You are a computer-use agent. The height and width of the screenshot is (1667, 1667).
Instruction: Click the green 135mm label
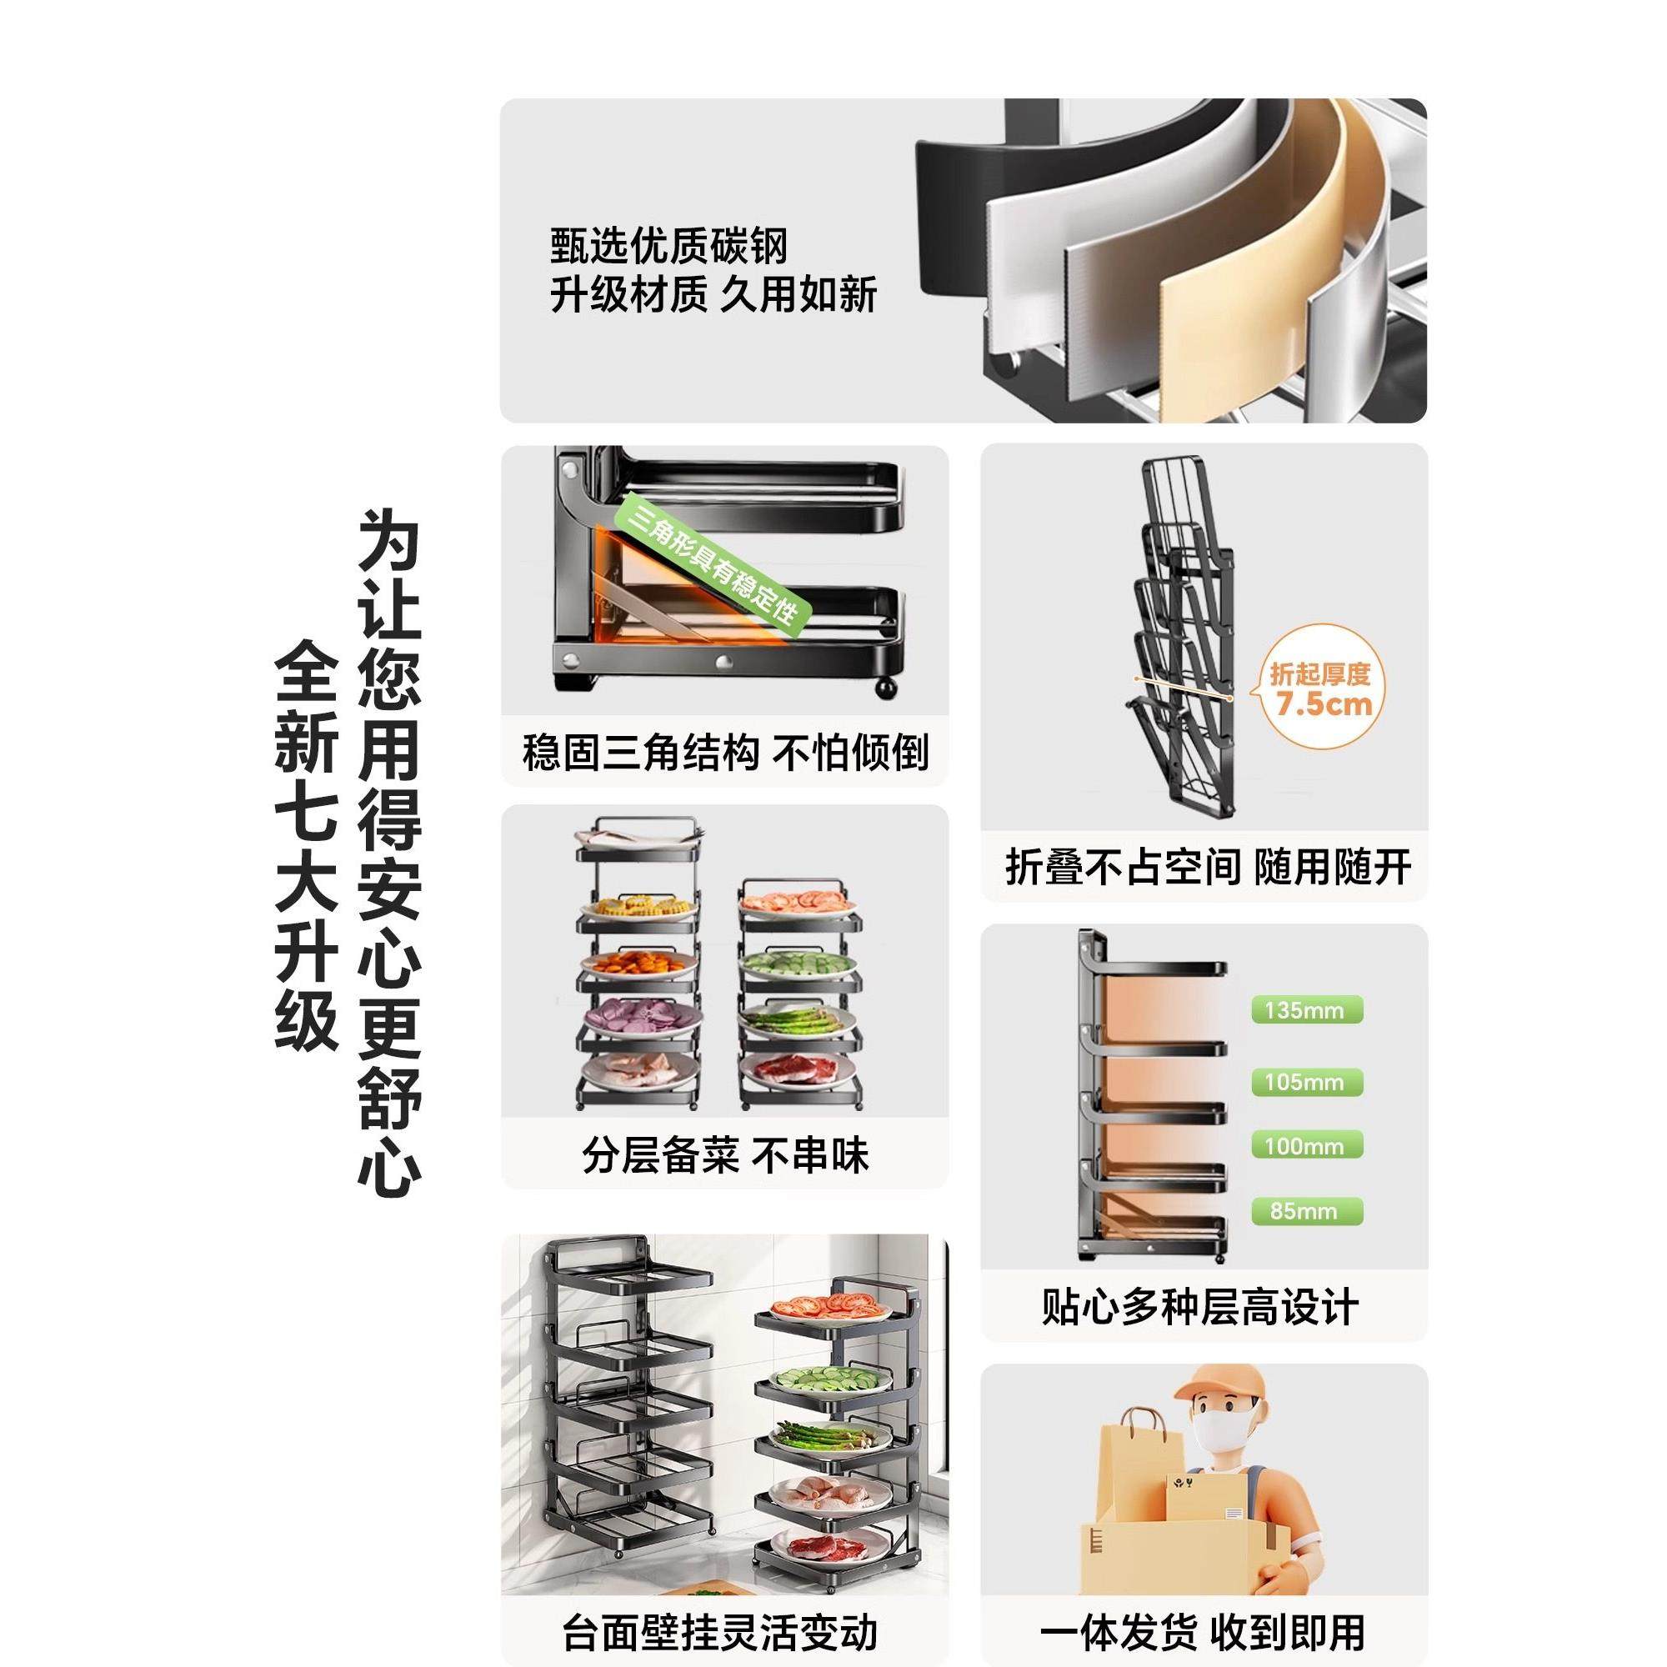[x=1306, y=1010]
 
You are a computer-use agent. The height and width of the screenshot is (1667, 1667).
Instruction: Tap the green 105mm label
[x=1306, y=1082]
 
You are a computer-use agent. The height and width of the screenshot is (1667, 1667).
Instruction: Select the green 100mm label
[x=1306, y=1146]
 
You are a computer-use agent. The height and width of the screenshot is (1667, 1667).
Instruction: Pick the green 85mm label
[x=1306, y=1210]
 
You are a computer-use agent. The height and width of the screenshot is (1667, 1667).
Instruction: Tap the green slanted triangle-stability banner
[x=714, y=559]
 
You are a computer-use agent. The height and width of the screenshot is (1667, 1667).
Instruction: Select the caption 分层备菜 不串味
[x=725, y=1156]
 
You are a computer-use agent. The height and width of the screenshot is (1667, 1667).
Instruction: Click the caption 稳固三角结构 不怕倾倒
[x=725, y=753]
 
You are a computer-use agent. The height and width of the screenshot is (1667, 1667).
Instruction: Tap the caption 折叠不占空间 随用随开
[x=1208, y=867]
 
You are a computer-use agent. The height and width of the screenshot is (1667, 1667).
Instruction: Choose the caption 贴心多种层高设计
[x=1200, y=1307]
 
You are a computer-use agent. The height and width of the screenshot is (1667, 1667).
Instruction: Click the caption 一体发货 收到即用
[x=1202, y=1632]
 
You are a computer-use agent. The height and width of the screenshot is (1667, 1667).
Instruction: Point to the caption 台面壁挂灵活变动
[x=719, y=1632]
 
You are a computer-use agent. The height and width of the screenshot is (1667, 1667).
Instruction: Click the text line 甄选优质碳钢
[x=669, y=246]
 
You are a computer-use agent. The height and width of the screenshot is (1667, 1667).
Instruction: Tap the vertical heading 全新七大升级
[x=306, y=845]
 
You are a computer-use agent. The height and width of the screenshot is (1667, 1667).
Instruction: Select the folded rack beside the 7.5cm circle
[x=1182, y=638]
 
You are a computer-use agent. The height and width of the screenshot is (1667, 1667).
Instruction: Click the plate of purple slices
[x=638, y=1015]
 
